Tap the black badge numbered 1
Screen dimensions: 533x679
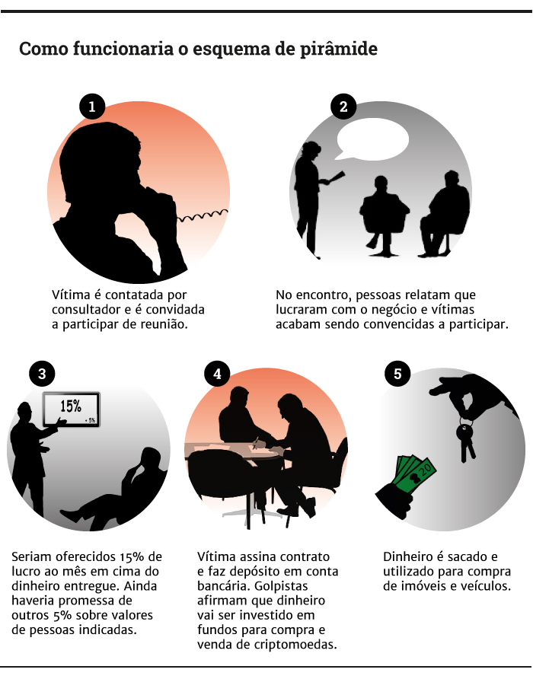(92, 107)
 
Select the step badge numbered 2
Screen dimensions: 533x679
(343, 107)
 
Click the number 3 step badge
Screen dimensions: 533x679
(42, 374)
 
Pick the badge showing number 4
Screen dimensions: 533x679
(217, 374)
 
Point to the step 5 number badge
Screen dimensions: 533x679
(397, 374)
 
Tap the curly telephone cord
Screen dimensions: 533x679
(203, 215)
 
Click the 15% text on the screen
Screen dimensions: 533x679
(71, 406)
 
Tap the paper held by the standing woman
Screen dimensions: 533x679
(336, 177)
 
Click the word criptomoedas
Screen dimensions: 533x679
(295, 644)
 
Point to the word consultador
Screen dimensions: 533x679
(87, 310)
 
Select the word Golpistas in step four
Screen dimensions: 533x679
(281, 586)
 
